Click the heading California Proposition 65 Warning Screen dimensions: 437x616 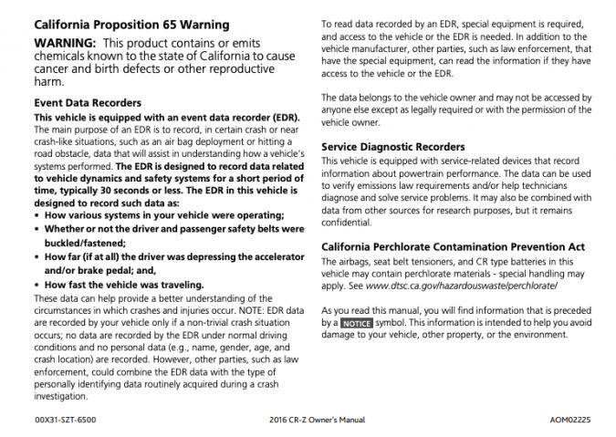click(x=131, y=25)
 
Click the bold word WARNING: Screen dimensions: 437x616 click(x=64, y=44)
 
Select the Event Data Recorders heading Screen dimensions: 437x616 click(x=88, y=103)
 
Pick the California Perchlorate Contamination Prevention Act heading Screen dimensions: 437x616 click(x=454, y=246)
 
